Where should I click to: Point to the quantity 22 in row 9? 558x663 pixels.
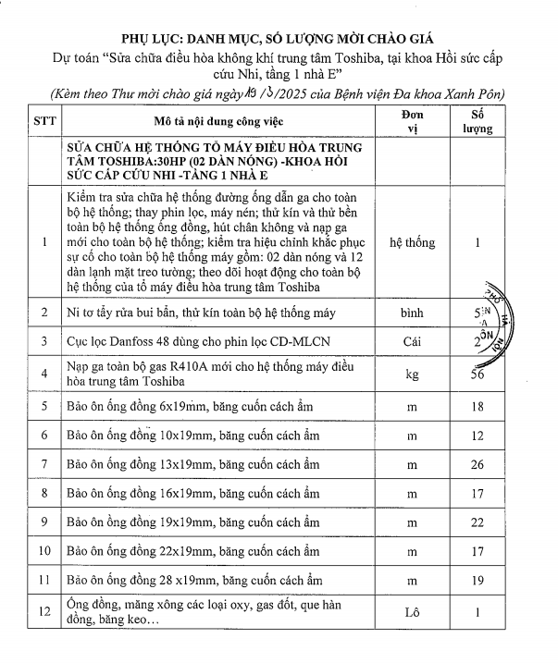click(x=479, y=522)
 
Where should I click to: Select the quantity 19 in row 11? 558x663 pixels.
click(x=479, y=580)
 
